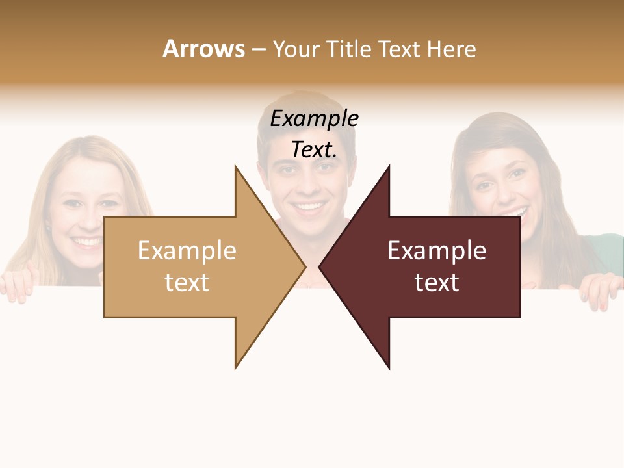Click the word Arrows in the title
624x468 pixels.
203,49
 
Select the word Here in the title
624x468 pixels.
451,49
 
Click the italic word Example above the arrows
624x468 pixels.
314,119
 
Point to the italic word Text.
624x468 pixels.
314,149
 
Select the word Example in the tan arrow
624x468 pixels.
187,251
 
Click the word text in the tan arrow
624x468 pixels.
187,283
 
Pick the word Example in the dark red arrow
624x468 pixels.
437,251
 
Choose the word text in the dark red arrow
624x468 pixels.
437,283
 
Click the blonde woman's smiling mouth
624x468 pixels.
87,242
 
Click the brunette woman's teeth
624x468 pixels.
516,213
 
